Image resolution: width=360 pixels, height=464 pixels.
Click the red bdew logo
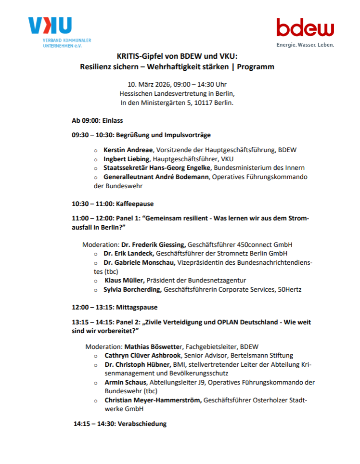(x=305, y=27)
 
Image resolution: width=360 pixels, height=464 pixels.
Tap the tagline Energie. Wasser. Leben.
(x=305, y=45)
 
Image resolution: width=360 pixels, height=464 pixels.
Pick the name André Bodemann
(x=184, y=177)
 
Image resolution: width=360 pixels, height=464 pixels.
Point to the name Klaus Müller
(x=124, y=280)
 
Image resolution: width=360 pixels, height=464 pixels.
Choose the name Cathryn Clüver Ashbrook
(x=142, y=355)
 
